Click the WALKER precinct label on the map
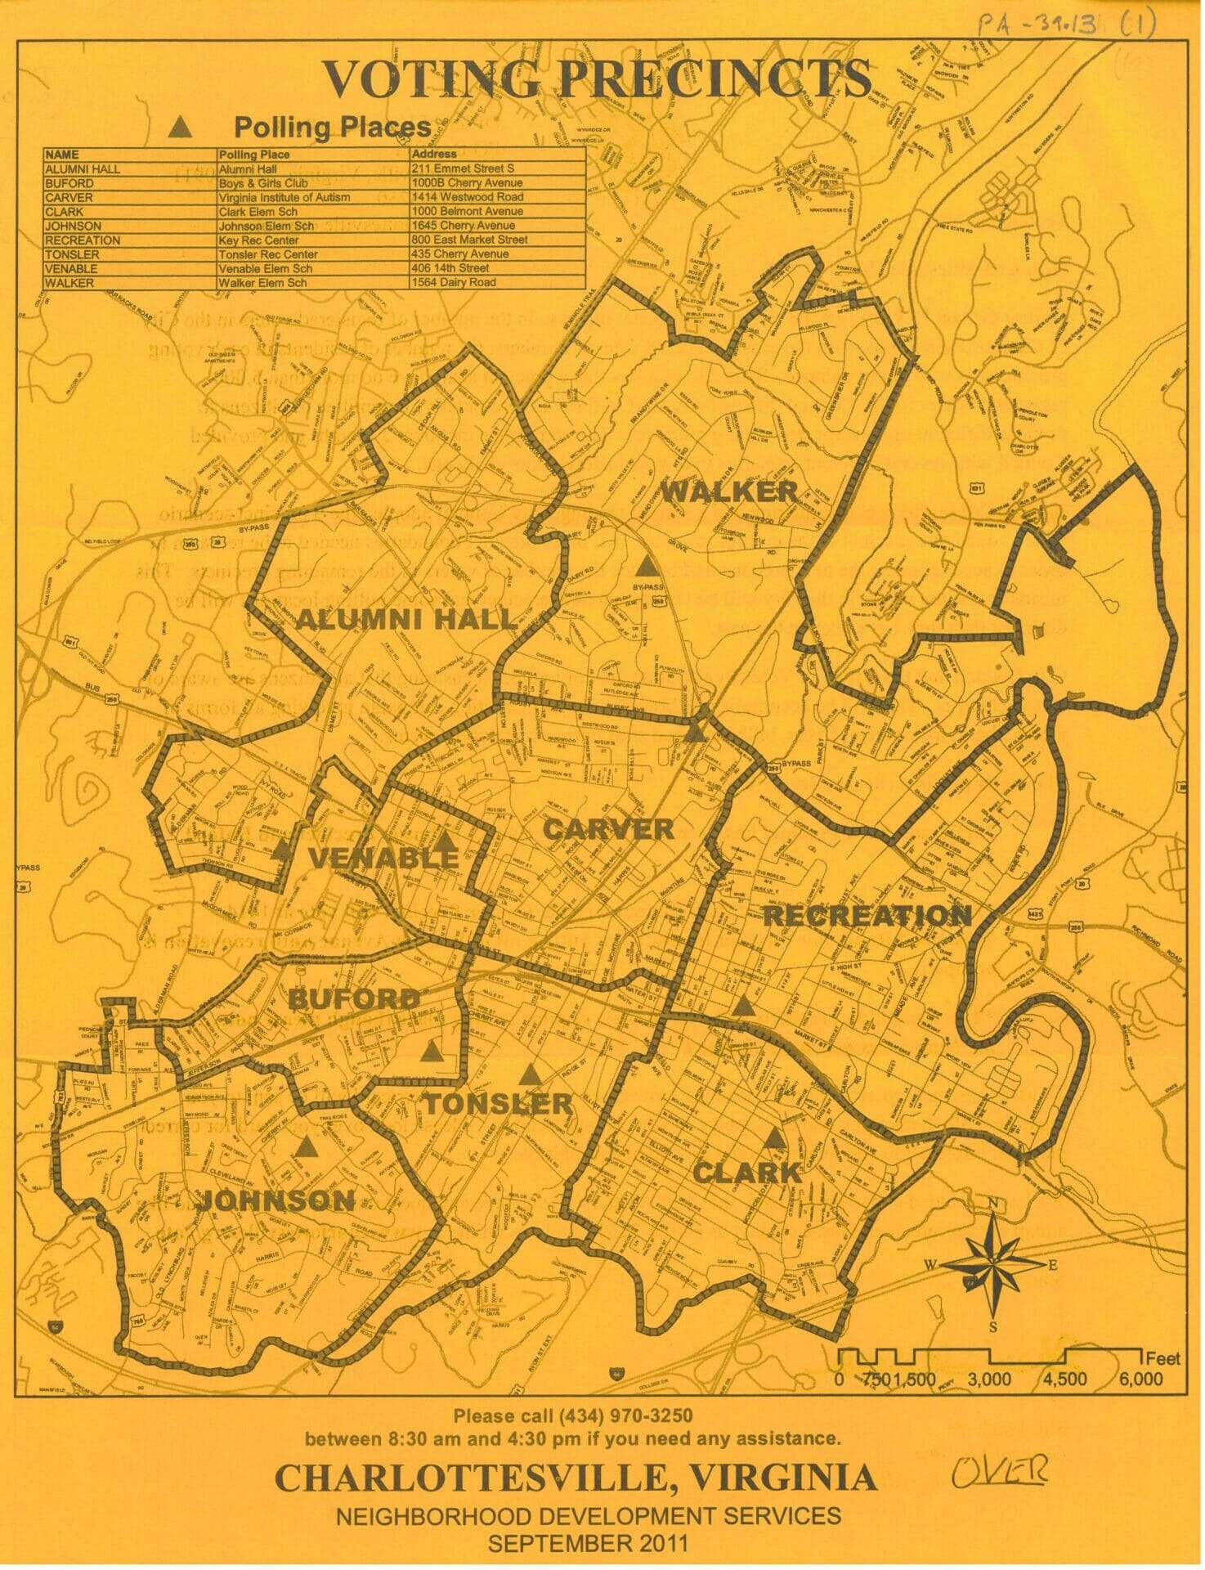[x=728, y=492]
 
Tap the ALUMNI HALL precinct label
[x=405, y=619]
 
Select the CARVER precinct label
[x=609, y=829]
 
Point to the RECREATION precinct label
[x=867, y=915]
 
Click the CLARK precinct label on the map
[x=746, y=1172]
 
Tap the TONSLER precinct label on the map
[x=498, y=1103]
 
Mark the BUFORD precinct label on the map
[x=354, y=998]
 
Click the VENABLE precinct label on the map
[x=383, y=858]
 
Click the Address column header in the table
[x=434, y=154]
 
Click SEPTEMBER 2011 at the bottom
[x=587, y=1543]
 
